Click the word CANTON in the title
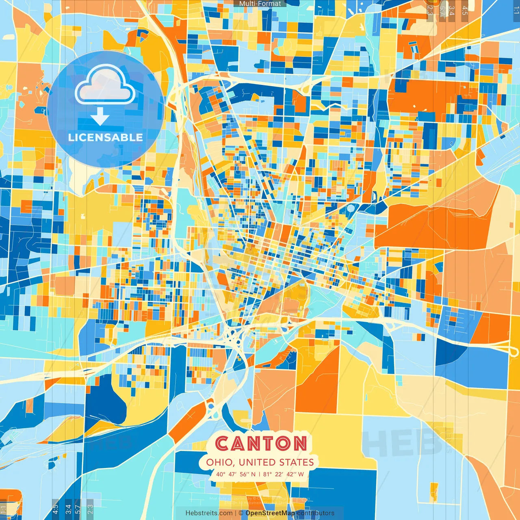(261, 443)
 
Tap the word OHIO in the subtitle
(219, 462)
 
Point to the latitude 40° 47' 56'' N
(236, 474)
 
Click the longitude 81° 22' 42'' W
(284, 474)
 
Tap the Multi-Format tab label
(260, 3)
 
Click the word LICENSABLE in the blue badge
(106, 137)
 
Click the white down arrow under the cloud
(100, 118)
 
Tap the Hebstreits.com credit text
(209, 513)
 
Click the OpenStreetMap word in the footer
(270, 513)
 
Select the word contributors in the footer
(316, 513)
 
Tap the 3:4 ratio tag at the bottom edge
(68, 508)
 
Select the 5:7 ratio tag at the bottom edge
(78, 508)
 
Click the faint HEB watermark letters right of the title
(402, 443)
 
